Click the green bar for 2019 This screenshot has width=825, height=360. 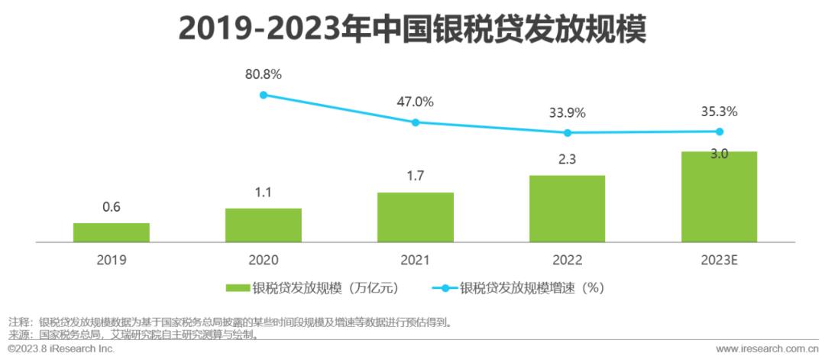click(x=112, y=232)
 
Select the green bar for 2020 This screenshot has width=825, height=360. click(x=264, y=225)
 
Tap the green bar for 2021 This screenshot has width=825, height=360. click(x=416, y=217)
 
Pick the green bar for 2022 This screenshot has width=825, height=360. click(x=568, y=209)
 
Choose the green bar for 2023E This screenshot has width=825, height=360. click(x=719, y=196)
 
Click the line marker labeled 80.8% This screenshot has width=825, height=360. click(x=264, y=95)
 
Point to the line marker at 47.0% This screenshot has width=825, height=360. click(x=416, y=122)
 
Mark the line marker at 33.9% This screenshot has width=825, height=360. click(x=568, y=133)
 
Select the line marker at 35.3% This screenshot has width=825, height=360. click(x=719, y=131)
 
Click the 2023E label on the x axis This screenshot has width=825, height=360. click(x=719, y=260)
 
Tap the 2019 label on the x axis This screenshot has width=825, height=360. click(x=112, y=260)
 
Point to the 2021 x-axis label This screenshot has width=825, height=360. click(x=416, y=260)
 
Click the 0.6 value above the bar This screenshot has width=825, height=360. click(x=112, y=207)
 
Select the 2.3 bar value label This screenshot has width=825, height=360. click(x=568, y=161)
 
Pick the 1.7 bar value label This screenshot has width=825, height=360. click(x=416, y=177)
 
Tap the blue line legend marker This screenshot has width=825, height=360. click(x=445, y=288)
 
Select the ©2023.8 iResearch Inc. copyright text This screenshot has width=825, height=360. click(x=61, y=349)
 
